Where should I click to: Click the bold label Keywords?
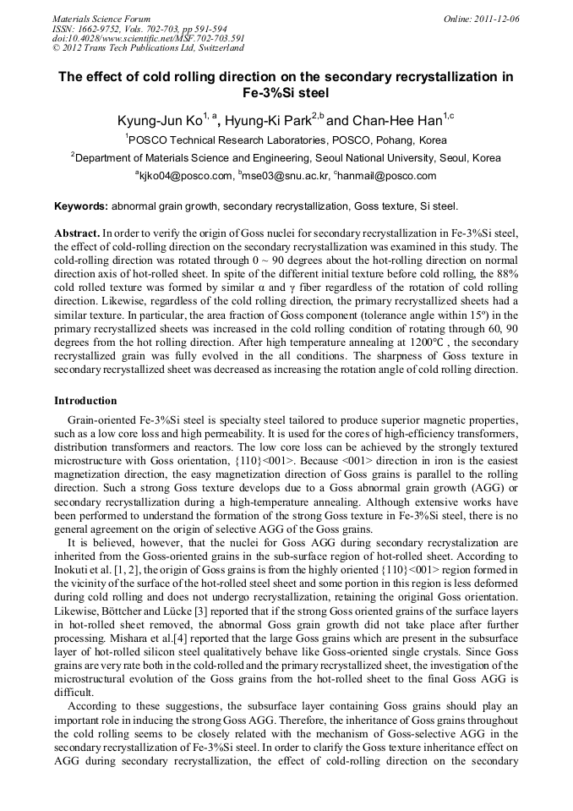point(81,206)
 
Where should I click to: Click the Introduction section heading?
point(85,400)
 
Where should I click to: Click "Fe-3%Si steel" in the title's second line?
point(286,93)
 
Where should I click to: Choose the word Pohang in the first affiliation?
point(385,140)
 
